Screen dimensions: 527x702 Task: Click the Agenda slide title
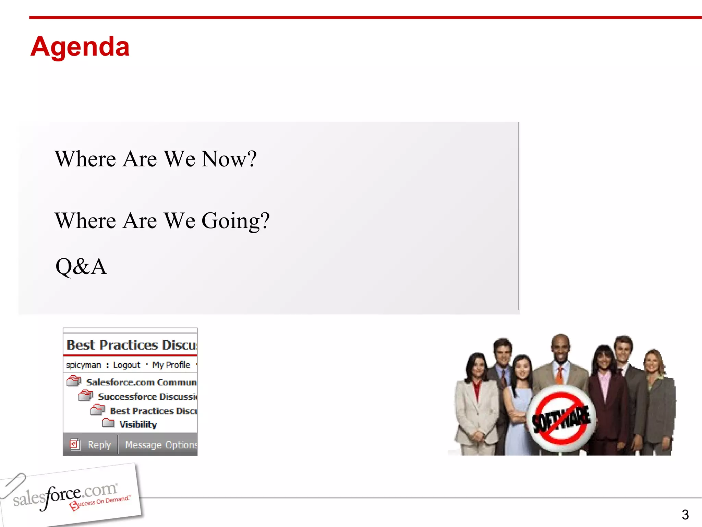point(80,47)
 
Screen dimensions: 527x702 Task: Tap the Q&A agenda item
point(81,267)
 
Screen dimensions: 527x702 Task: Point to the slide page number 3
point(685,515)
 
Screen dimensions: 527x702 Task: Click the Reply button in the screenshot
point(99,445)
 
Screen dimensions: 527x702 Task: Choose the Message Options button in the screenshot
point(160,445)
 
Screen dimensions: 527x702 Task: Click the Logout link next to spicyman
point(126,365)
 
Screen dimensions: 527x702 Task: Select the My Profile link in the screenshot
point(171,365)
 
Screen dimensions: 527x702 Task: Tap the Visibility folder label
point(138,425)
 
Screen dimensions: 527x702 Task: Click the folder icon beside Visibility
point(108,423)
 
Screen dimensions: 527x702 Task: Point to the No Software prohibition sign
point(561,418)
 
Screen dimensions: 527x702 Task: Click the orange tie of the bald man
point(559,375)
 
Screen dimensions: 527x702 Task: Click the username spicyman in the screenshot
point(83,365)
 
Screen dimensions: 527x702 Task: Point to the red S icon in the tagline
point(74,506)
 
